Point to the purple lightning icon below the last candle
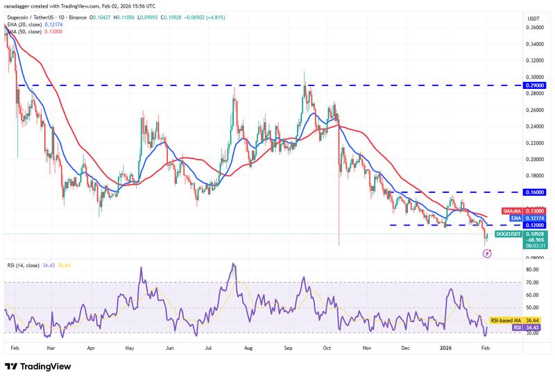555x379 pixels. point(487,253)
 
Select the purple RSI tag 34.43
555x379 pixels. point(524,328)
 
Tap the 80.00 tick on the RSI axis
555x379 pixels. point(533,269)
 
